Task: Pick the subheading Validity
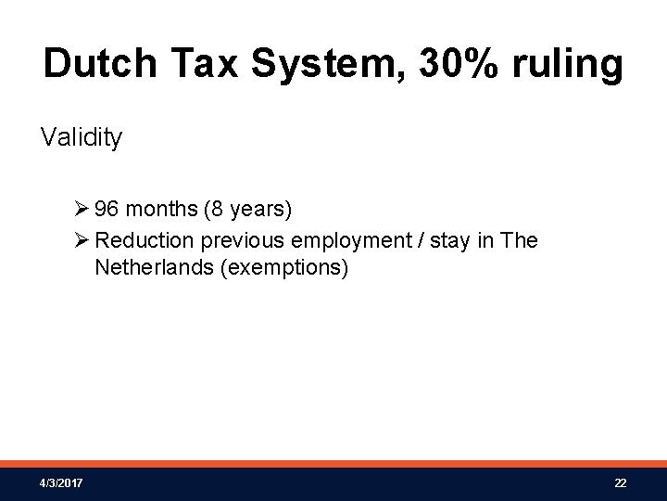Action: pos(81,139)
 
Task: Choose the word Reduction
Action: pos(145,240)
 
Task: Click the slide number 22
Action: pos(620,484)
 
